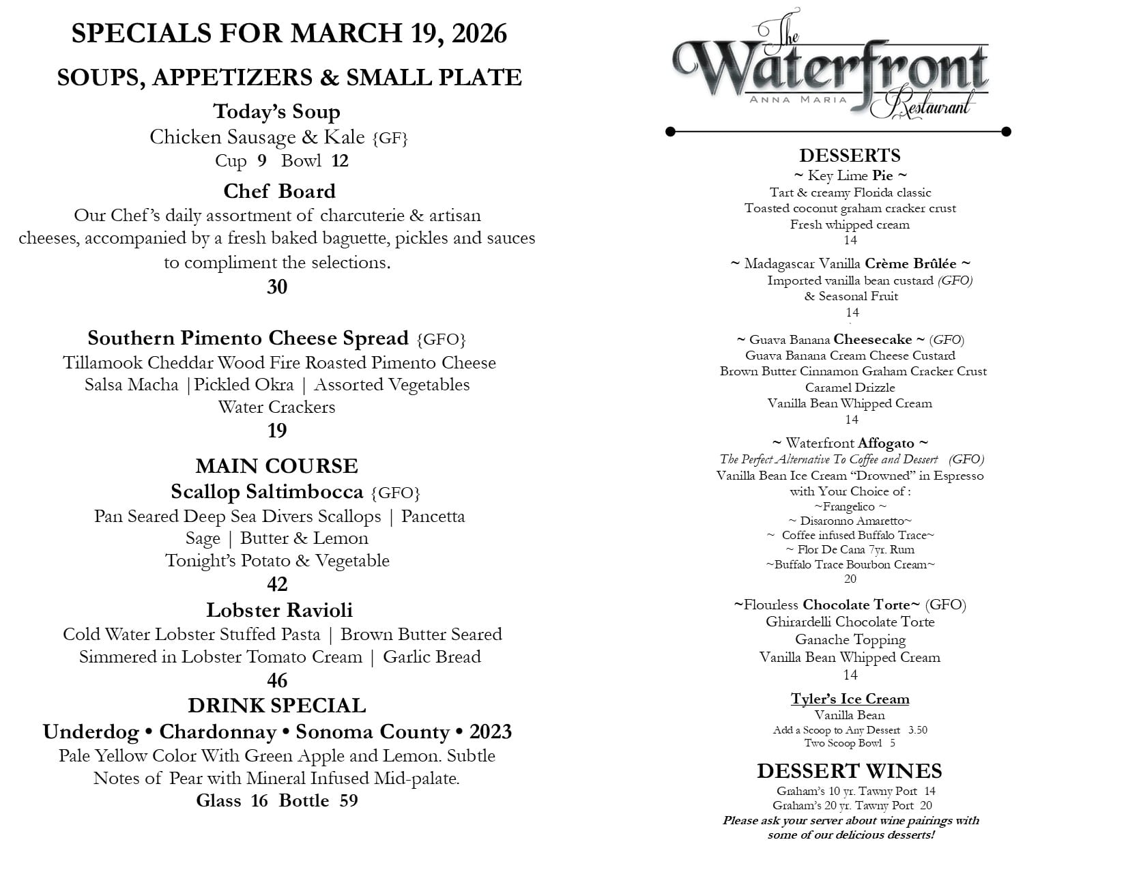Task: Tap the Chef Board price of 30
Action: point(277,287)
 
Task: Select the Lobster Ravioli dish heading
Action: point(279,609)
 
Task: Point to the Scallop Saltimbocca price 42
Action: point(277,584)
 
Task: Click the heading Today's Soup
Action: point(276,111)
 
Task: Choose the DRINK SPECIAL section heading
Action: point(276,705)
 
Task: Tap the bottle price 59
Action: point(348,800)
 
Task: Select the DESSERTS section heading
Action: point(850,155)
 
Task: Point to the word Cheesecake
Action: point(872,339)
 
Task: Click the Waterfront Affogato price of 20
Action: point(850,579)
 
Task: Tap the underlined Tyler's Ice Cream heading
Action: point(850,699)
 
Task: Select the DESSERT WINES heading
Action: point(849,771)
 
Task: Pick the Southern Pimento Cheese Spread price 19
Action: point(277,431)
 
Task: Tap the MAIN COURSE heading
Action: point(276,466)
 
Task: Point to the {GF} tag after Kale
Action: point(390,139)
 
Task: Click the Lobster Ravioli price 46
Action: point(277,680)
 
